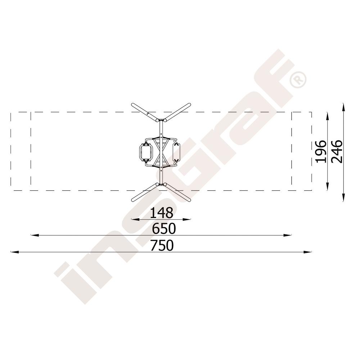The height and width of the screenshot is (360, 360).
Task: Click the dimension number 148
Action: [161, 213]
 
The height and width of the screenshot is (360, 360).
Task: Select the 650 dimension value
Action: [164, 229]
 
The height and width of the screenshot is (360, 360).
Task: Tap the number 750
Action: [162, 246]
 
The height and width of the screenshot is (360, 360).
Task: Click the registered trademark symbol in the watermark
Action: [298, 80]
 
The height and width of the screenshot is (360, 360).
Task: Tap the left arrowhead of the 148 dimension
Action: [135, 219]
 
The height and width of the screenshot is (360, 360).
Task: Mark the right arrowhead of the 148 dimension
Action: [187, 219]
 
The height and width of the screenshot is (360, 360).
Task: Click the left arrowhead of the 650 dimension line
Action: [35, 235]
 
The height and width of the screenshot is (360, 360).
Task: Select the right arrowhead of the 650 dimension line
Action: [288, 235]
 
